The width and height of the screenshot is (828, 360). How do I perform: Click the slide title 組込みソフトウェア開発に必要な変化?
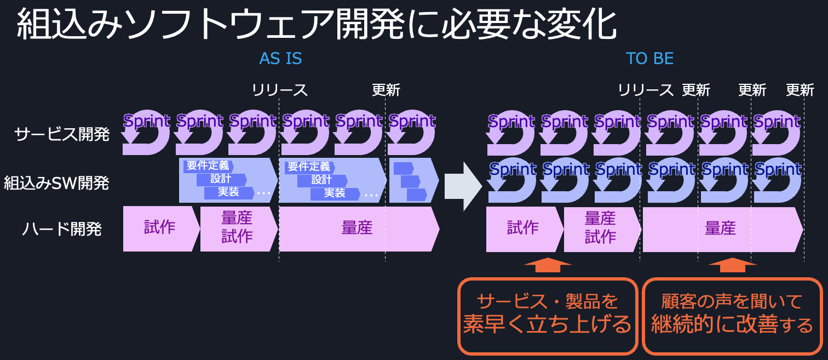[x=317, y=25]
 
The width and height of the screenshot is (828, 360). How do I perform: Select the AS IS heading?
[x=280, y=59]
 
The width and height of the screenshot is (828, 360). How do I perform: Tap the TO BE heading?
[x=649, y=59]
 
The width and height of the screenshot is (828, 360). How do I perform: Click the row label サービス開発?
[x=62, y=134]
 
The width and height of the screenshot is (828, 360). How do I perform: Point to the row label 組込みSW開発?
[x=56, y=183]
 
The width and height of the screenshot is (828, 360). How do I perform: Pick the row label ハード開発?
[x=62, y=229]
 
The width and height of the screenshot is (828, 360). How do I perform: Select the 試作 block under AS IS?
[x=159, y=228]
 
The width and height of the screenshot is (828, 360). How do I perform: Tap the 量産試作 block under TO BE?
[x=601, y=228]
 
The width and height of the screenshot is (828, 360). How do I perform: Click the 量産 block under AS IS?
[x=357, y=228]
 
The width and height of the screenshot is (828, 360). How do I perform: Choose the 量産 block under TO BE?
[x=720, y=228]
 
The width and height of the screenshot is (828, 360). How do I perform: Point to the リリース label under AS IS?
[x=280, y=90]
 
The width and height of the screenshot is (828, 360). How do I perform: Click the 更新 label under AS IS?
[x=386, y=90]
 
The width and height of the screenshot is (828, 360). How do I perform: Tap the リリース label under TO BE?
[x=646, y=90]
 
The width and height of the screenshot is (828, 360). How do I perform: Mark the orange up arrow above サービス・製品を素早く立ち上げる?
[x=548, y=264]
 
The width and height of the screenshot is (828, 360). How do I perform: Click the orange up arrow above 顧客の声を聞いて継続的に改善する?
[x=732, y=264]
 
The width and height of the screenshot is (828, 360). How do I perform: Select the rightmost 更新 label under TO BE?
[x=800, y=90]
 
